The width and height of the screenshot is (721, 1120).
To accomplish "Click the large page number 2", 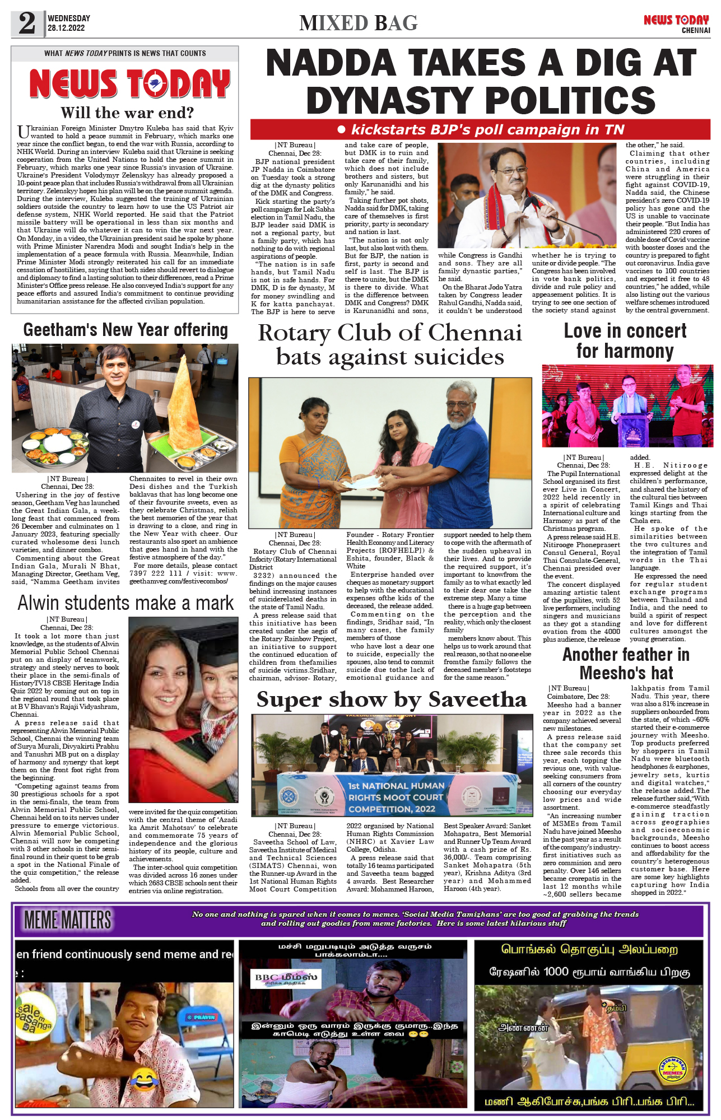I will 27,24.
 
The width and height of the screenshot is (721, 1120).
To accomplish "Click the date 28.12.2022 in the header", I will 66,28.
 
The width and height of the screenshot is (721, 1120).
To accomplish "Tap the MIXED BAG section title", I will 359,23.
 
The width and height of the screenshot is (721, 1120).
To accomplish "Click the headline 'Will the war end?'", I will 127,113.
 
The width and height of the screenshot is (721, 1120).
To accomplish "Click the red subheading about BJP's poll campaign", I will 481,130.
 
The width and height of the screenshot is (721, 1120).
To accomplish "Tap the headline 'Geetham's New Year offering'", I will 125,330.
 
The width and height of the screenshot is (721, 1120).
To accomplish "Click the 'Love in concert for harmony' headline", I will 625,340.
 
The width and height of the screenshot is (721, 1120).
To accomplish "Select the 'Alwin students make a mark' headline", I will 125,603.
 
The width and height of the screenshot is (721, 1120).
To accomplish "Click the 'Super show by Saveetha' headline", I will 392,699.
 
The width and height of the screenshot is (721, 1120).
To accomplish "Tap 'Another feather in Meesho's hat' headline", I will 626,663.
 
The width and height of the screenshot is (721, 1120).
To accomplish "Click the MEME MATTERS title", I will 67,920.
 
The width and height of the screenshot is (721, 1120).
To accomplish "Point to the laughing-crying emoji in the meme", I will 145,1077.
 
